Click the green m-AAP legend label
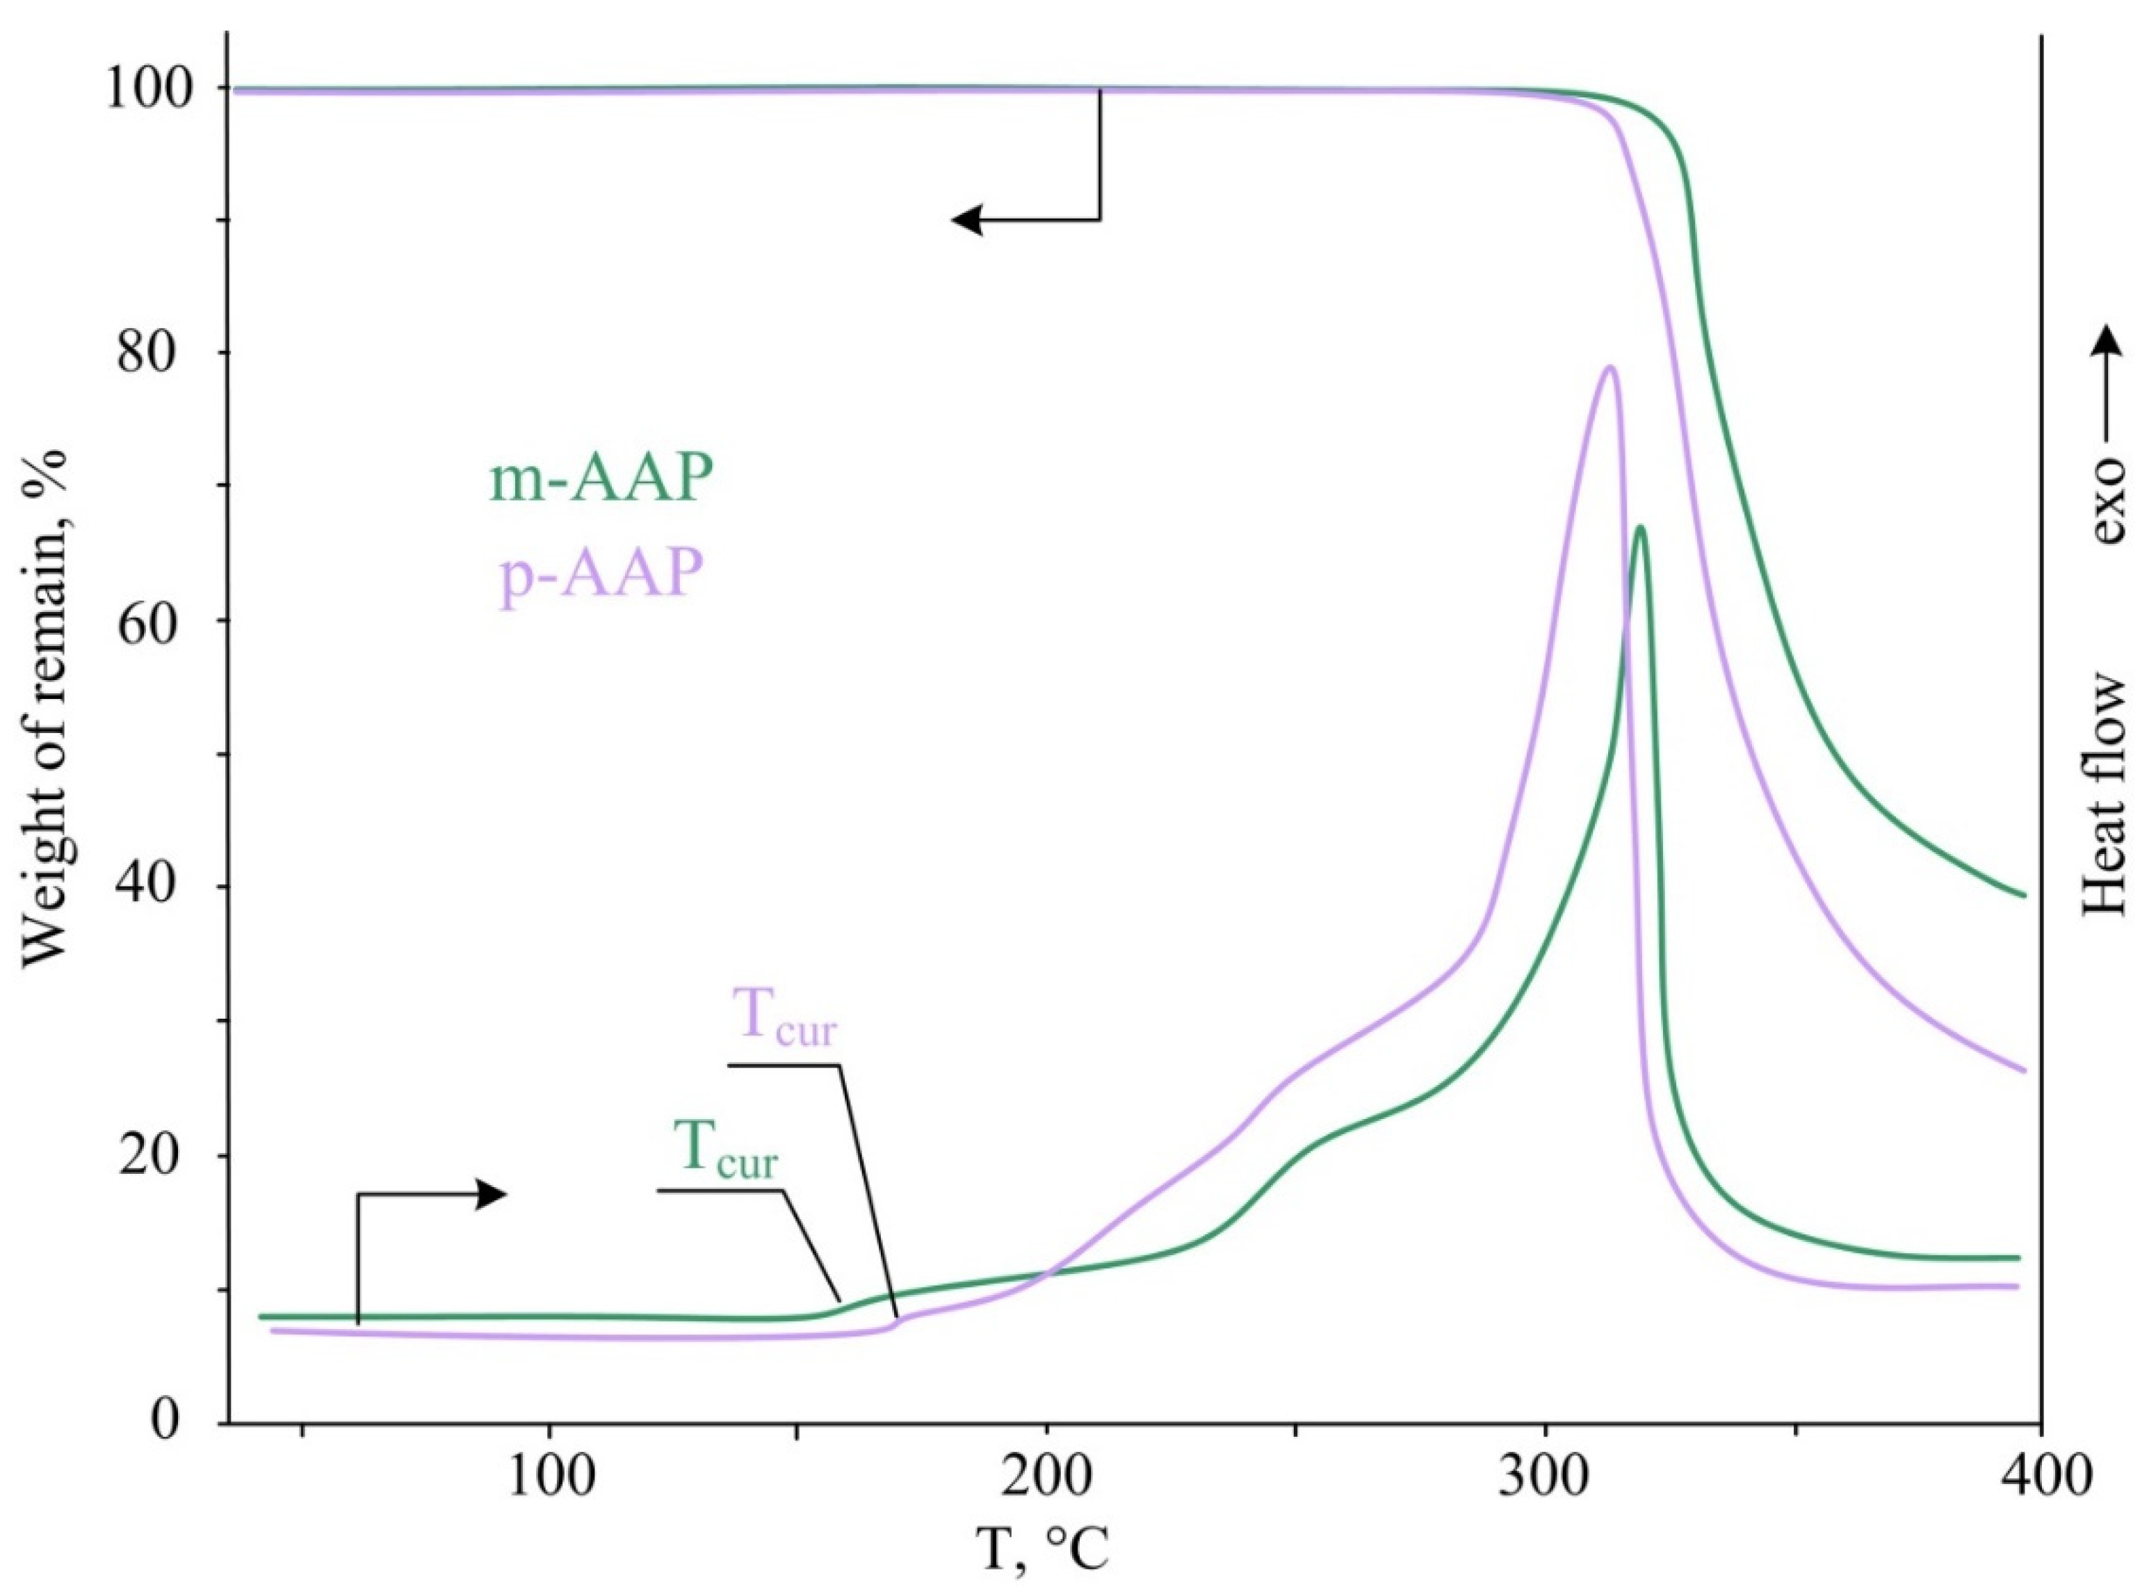(x=601, y=479)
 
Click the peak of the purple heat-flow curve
(x=1609, y=367)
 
